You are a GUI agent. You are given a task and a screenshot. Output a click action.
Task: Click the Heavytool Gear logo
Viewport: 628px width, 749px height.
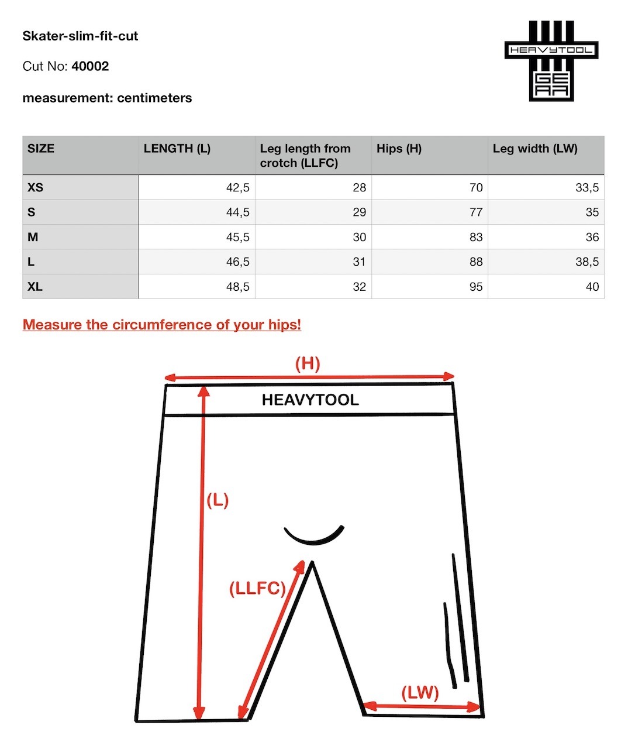[x=551, y=61]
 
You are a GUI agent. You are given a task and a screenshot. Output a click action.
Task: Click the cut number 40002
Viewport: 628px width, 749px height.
[x=90, y=66]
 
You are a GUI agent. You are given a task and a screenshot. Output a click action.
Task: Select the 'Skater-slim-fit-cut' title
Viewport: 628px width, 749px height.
[x=80, y=36]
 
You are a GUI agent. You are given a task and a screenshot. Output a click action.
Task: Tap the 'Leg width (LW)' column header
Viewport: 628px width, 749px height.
[x=534, y=149]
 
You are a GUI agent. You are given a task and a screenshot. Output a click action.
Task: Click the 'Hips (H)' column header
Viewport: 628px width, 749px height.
[x=399, y=149]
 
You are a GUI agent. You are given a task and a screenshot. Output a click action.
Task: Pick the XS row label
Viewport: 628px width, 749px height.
[x=35, y=187]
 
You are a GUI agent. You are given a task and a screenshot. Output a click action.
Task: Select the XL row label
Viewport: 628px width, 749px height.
[x=35, y=287]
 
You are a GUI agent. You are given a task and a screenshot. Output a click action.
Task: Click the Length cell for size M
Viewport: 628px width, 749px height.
[x=237, y=237]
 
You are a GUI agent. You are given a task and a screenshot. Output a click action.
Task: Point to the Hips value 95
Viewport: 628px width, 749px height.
[x=476, y=287]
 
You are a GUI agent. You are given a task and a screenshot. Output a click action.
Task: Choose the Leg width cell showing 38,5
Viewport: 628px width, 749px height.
[x=586, y=262]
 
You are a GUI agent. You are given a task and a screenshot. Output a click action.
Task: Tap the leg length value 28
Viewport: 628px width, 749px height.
[x=359, y=187]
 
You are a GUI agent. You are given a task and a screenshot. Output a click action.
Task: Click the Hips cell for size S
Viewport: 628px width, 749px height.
[x=476, y=212]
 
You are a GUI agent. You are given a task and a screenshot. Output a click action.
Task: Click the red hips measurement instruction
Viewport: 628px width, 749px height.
[x=162, y=325]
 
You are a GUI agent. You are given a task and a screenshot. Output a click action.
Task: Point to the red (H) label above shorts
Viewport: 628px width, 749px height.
[x=308, y=364]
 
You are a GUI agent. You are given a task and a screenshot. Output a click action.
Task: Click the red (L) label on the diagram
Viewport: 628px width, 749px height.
[x=217, y=500]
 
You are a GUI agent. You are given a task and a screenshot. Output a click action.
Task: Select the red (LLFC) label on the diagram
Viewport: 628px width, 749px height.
[x=257, y=588]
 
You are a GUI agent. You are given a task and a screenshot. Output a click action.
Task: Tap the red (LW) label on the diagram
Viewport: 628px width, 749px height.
[x=420, y=693]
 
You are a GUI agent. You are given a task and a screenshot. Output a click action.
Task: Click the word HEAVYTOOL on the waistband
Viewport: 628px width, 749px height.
[x=310, y=400]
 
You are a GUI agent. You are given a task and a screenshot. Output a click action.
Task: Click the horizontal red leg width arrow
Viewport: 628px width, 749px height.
[x=421, y=707]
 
